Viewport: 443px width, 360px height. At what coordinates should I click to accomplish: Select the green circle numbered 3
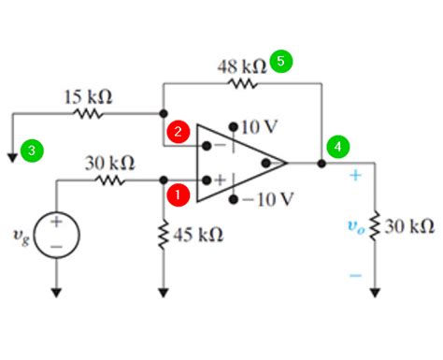coord(33,150)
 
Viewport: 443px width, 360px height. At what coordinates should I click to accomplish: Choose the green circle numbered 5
coord(280,61)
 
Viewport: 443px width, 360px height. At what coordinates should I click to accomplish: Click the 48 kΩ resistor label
coord(241,65)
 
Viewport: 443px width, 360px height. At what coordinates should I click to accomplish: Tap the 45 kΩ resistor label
coord(198,234)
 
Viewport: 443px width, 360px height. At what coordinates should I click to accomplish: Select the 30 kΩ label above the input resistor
coord(109,163)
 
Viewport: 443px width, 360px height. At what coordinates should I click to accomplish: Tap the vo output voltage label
coord(354,226)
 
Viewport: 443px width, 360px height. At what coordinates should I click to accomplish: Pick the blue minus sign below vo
coord(355,275)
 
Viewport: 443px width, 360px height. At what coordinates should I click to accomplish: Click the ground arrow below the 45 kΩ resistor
coord(164,293)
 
